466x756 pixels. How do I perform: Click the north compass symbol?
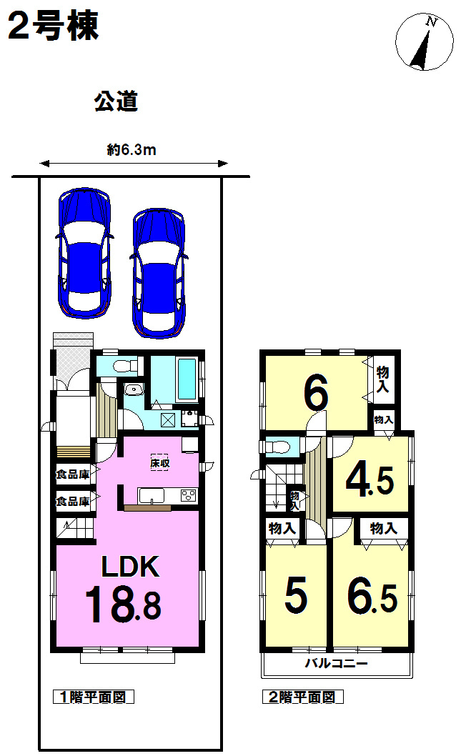click(x=425, y=42)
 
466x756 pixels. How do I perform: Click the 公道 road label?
click(x=116, y=101)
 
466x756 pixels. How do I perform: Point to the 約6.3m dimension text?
click(x=132, y=150)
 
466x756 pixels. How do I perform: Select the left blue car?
click(x=85, y=253)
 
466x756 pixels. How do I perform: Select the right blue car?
click(x=159, y=274)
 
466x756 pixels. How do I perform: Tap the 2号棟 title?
click(x=54, y=26)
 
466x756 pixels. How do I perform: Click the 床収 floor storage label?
click(x=160, y=463)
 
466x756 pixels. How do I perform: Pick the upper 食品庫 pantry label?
click(x=74, y=474)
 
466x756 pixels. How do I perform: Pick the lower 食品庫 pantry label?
click(x=74, y=502)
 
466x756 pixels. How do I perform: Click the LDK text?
click(x=130, y=567)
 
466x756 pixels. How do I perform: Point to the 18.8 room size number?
click(x=124, y=604)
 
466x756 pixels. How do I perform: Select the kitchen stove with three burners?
click(x=189, y=495)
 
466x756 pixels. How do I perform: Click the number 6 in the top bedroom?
click(x=317, y=393)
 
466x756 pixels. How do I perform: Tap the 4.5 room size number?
click(x=370, y=480)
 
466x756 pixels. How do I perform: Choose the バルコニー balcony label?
click(x=336, y=663)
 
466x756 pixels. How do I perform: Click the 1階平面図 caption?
click(x=93, y=697)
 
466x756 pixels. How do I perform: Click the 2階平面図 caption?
click(x=302, y=697)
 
